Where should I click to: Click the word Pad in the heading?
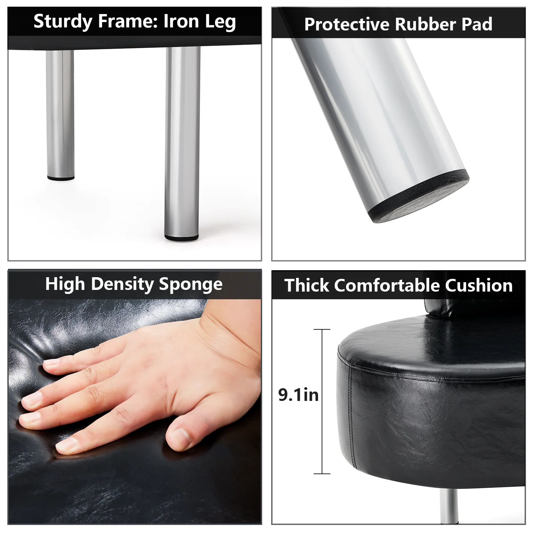tap(477, 24)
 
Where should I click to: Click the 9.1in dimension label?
tap(298, 395)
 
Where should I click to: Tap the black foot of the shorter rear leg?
tap(61, 178)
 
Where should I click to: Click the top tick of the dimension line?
tap(322, 330)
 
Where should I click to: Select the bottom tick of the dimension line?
tap(322, 473)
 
